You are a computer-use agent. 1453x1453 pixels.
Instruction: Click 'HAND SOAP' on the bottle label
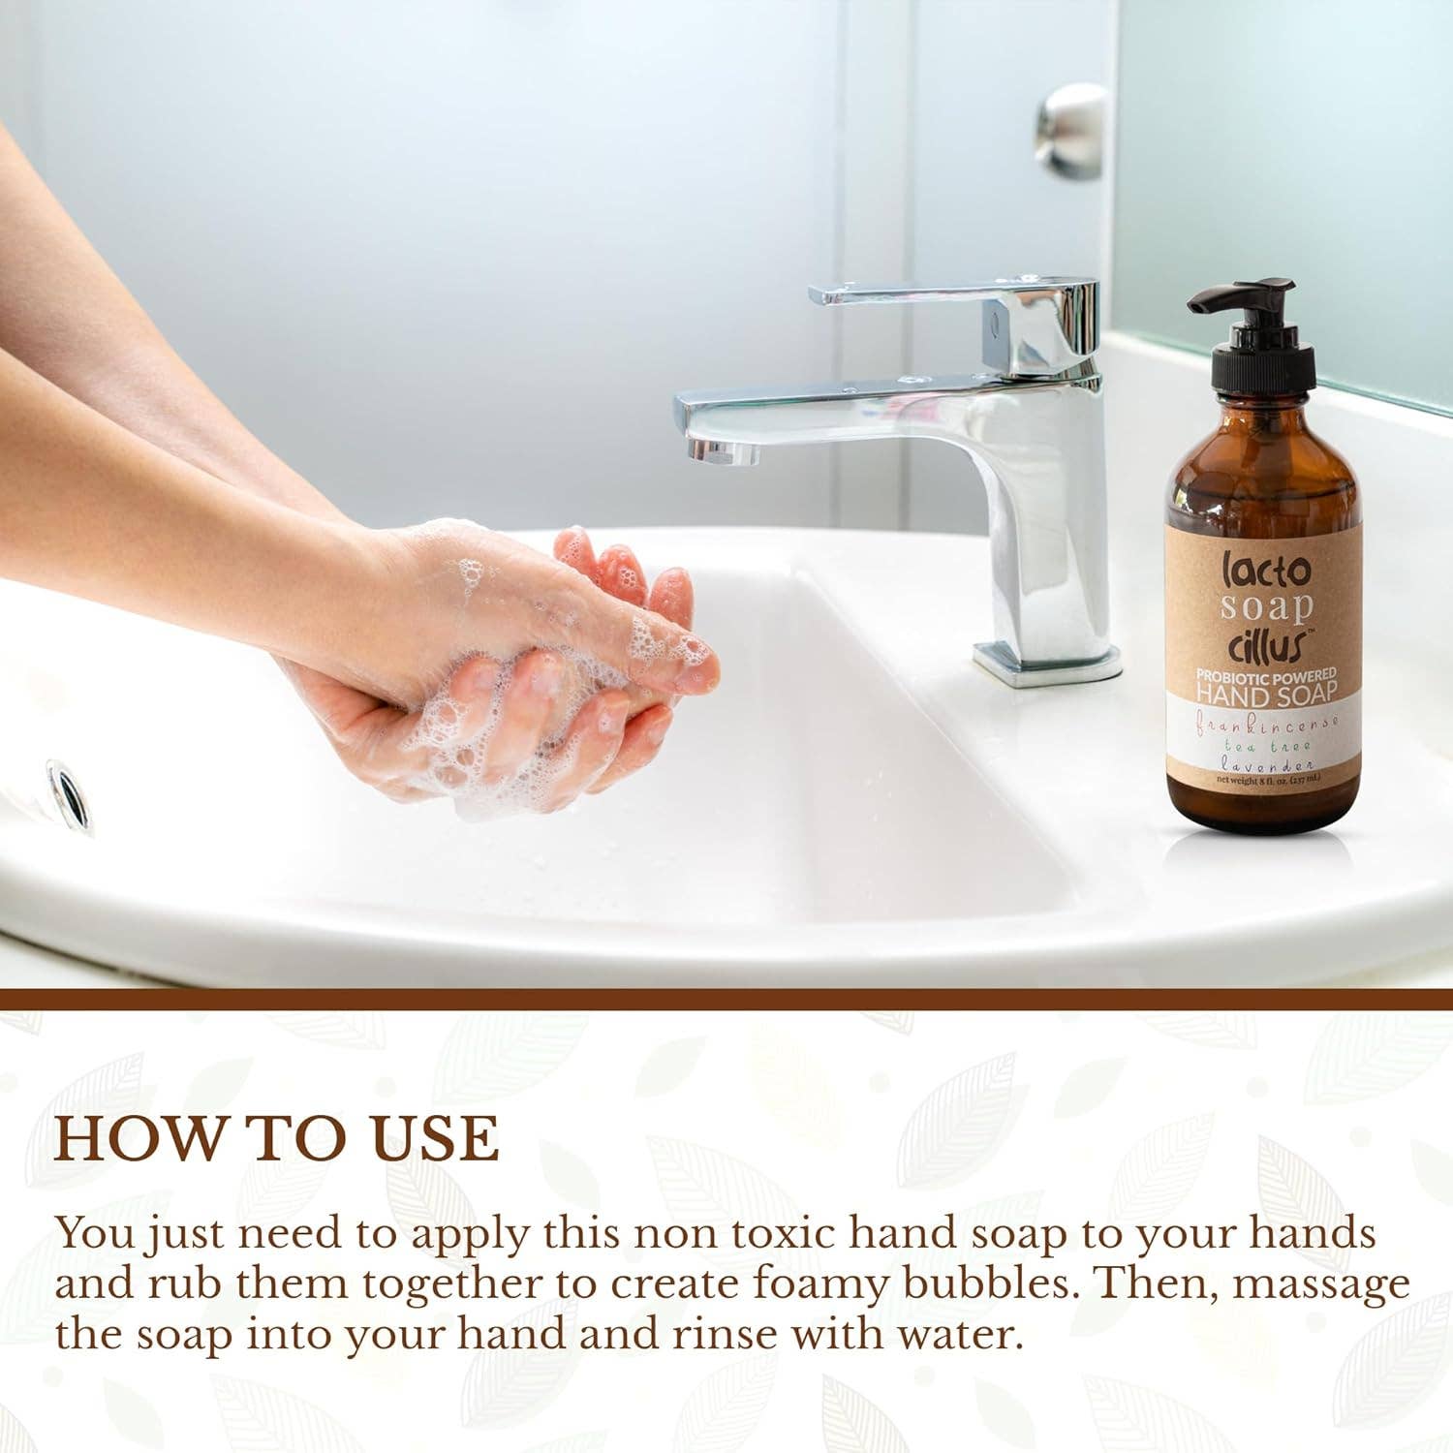(x=1266, y=693)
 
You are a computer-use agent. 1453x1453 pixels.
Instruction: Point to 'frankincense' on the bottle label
(x=1266, y=721)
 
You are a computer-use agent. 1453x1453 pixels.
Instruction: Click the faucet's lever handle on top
(x=954, y=294)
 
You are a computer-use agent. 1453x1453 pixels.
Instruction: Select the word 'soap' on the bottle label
(x=1266, y=607)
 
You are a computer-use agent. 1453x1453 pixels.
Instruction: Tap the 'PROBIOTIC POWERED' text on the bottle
(x=1266, y=673)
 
